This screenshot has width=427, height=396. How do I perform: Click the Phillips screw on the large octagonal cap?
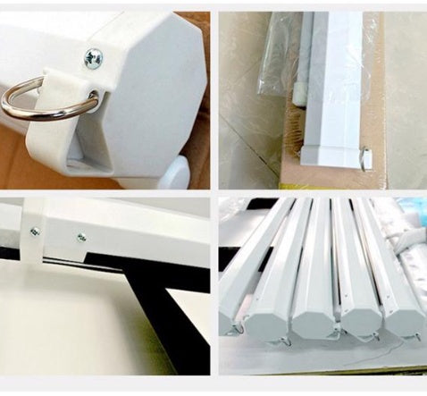[93, 58]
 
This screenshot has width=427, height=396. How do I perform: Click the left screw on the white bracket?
[34, 232]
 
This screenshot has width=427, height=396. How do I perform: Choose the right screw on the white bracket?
[81, 238]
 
